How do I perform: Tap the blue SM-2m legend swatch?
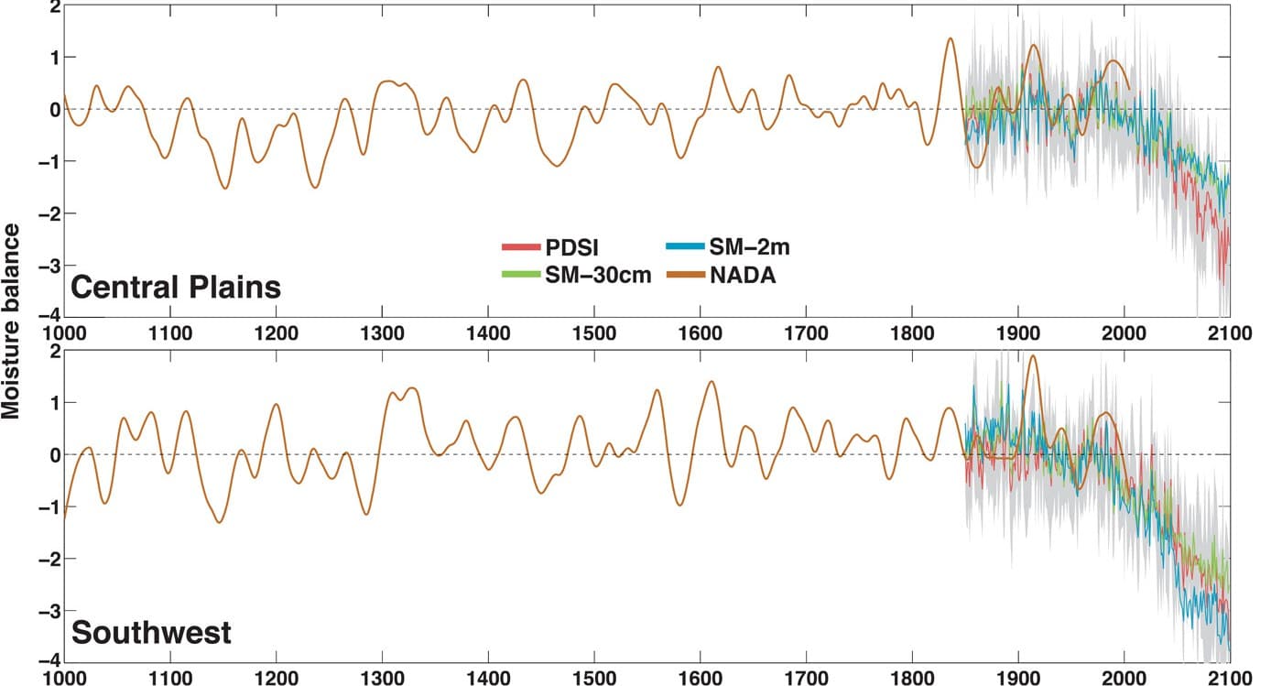(683, 246)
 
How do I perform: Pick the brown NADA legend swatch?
(683, 275)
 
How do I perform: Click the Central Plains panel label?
(176, 288)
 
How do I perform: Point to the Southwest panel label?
(151, 633)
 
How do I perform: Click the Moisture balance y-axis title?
(13, 334)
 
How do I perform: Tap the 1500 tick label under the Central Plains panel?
(593, 332)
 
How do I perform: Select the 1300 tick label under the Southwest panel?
(382, 677)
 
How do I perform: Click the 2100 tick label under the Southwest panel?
(1229, 677)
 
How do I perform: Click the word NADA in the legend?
(743, 275)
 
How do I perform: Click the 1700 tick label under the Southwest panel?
(806, 677)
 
